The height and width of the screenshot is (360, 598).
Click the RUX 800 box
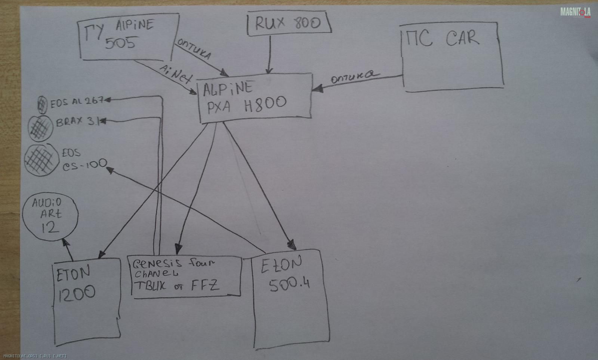(x=289, y=23)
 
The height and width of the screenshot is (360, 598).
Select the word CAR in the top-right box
(x=462, y=38)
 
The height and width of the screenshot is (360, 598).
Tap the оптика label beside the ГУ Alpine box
(x=194, y=49)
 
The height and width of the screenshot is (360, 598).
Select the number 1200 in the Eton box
(x=76, y=293)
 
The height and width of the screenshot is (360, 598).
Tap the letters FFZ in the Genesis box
(x=205, y=286)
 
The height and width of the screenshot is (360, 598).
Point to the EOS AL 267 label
(x=77, y=102)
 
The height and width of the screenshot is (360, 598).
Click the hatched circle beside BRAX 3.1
(x=40, y=128)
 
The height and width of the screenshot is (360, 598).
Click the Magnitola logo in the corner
(x=575, y=12)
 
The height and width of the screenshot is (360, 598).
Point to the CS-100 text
(x=84, y=165)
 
